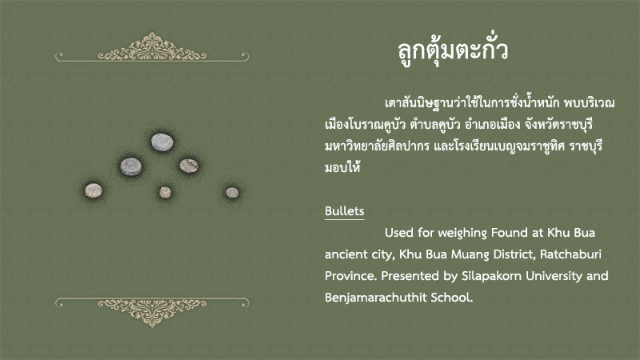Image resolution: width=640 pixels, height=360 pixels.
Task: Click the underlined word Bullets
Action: coord(345,211)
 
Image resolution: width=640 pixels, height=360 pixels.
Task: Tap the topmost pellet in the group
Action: coord(162,142)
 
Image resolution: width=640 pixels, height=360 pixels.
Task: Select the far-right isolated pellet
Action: coord(232,193)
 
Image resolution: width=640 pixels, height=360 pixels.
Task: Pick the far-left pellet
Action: coord(94,190)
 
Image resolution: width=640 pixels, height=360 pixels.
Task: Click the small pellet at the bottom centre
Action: coord(165,192)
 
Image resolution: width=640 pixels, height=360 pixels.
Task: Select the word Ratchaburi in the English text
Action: coord(570,254)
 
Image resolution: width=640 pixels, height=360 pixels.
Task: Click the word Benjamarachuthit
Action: coord(375,298)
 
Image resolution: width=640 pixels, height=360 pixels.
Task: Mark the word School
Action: coord(452,298)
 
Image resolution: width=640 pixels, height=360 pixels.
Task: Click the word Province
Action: coord(351,276)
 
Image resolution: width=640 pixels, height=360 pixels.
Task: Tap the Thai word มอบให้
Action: coord(342,167)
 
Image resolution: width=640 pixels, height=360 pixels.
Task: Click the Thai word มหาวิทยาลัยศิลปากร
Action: coord(377,146)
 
